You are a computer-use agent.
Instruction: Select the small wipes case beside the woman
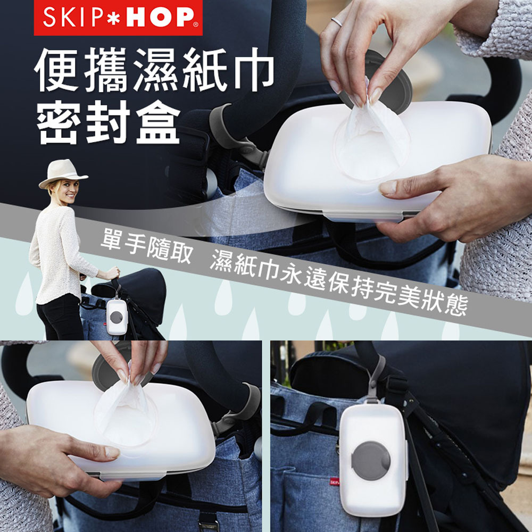click(x=117, y=316)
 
